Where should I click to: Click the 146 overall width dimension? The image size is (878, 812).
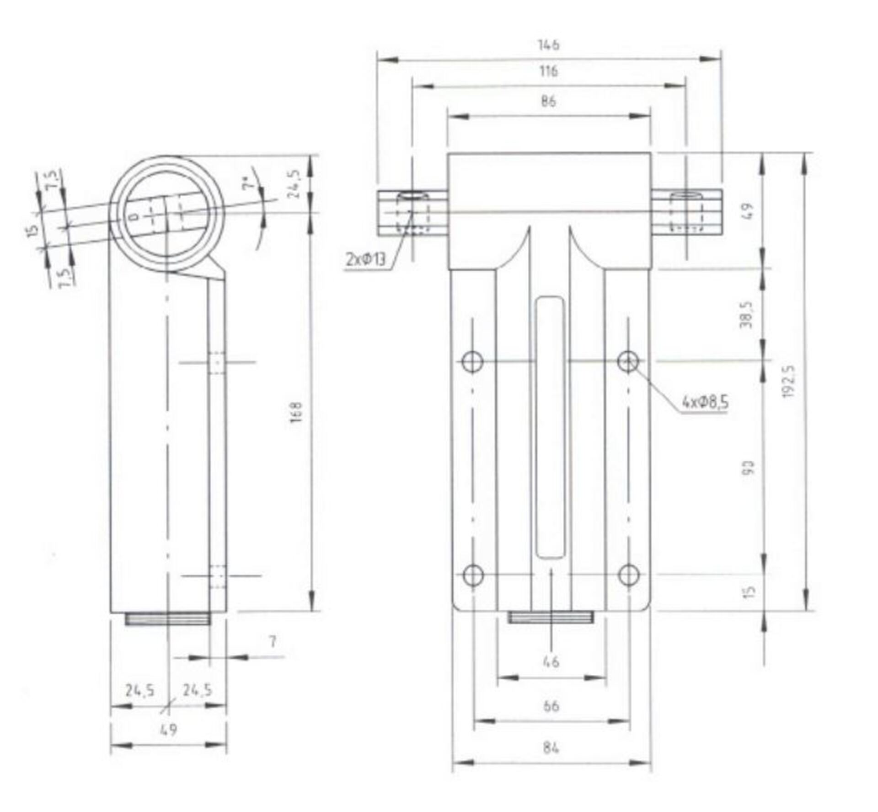(x=548, y=45)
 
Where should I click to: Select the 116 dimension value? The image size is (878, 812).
(x=548, y=71)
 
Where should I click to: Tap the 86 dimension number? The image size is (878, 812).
(x=548, y=101)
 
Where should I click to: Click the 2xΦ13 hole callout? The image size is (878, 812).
(x=365, y=260)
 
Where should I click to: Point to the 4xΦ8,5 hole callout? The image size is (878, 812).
(x=705, y=403)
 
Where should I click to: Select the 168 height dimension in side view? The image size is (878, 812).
(x=296, y=412)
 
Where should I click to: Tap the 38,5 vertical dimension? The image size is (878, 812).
(x=746, y=315)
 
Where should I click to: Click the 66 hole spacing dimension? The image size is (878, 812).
(x=551, y=706)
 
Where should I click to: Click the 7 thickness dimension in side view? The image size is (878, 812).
(x=273, y=642)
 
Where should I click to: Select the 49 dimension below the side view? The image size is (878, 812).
(x=168, y=730)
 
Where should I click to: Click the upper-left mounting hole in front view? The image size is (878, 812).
(x=472, y=362)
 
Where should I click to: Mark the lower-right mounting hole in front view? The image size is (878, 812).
(x=628, y=575)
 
